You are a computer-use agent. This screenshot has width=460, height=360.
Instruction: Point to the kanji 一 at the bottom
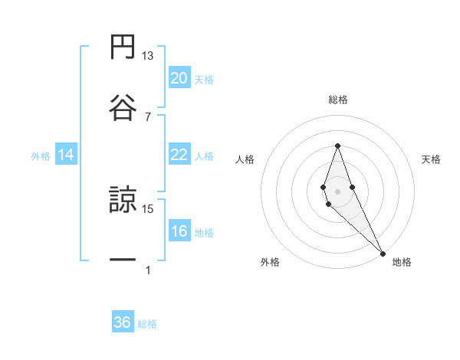click(x=123, y=260)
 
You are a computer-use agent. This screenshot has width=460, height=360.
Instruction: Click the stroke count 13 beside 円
click(x=148, y=56)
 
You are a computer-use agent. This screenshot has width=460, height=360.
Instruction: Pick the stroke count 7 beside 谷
click(x=148, y=116)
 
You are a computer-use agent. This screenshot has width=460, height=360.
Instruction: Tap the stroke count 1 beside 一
click(x=148, y=270)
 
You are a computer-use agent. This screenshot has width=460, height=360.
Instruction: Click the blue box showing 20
click(x=179, y=78)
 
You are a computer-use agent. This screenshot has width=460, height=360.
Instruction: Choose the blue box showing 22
click(x=179, y=155)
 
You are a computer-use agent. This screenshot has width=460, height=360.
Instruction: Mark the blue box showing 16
click(x=179, y=231)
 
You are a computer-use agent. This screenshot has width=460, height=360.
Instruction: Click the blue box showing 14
click(x=66, y=155)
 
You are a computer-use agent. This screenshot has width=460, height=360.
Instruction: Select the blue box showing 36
click(x=123, y=322)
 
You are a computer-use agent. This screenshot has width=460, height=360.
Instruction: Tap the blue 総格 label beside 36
click(x=147, y=324)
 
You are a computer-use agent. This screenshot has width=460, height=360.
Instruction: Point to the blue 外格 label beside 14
click(x=41, y=155)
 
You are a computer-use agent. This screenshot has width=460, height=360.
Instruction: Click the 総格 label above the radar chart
click(x=338, y=100)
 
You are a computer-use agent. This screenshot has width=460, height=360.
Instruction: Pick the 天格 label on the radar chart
click(x=432, y=159)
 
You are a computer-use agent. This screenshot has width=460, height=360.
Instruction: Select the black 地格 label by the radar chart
click(x=402, y=262)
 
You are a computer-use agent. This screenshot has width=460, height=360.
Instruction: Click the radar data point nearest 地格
click(x=382, y=253)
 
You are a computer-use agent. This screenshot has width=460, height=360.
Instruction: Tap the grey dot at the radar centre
click(x=337, y=190)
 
